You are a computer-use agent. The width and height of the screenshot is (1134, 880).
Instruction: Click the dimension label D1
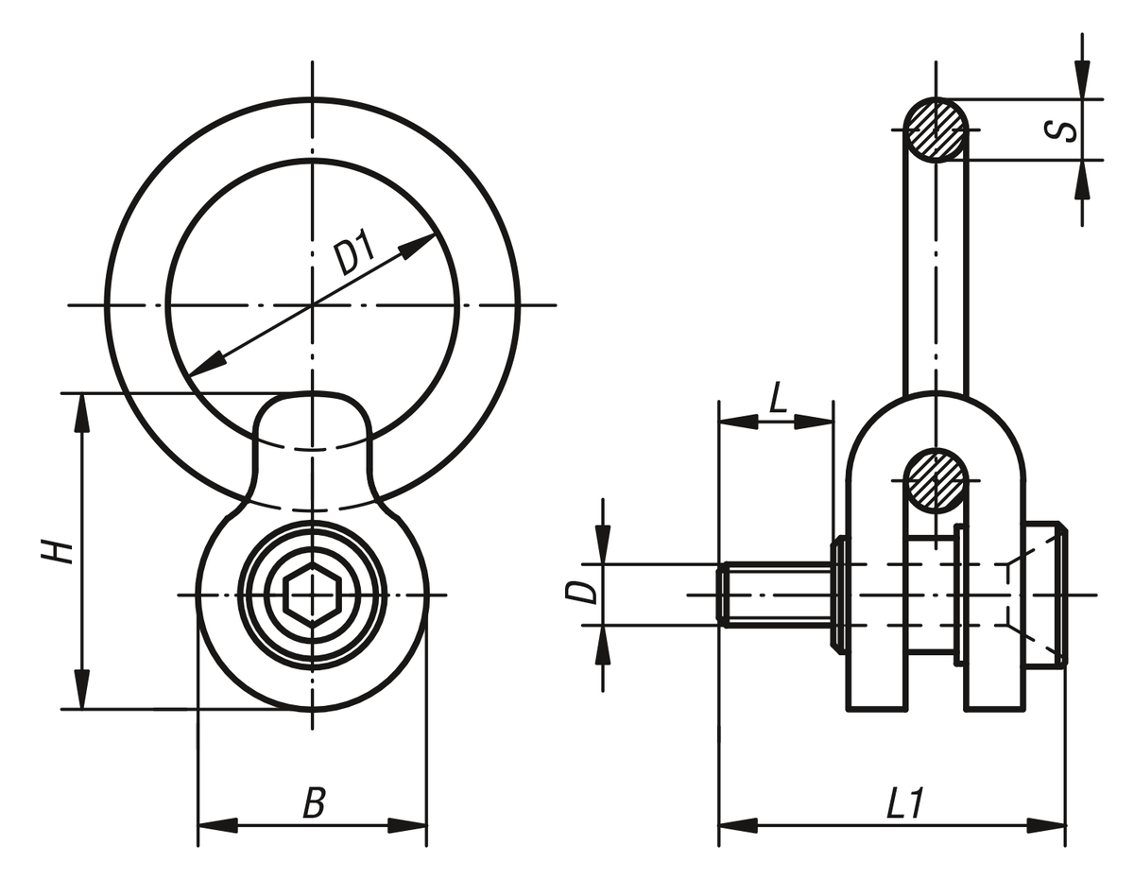click(x=355, y=256)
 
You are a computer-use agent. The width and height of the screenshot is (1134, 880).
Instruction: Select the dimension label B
click(x=314, y=804)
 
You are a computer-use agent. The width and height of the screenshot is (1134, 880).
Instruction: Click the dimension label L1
click(x=903, y=804)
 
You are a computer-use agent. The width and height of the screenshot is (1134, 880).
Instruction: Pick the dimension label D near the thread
click(x=586, y=593)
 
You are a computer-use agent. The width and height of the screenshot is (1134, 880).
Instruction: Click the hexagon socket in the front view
click(x=312, y=595)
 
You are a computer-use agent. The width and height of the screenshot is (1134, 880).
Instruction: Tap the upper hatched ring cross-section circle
click(x=936, y=129)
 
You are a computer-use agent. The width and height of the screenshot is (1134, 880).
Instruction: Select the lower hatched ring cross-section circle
click(x=936, y=480)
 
